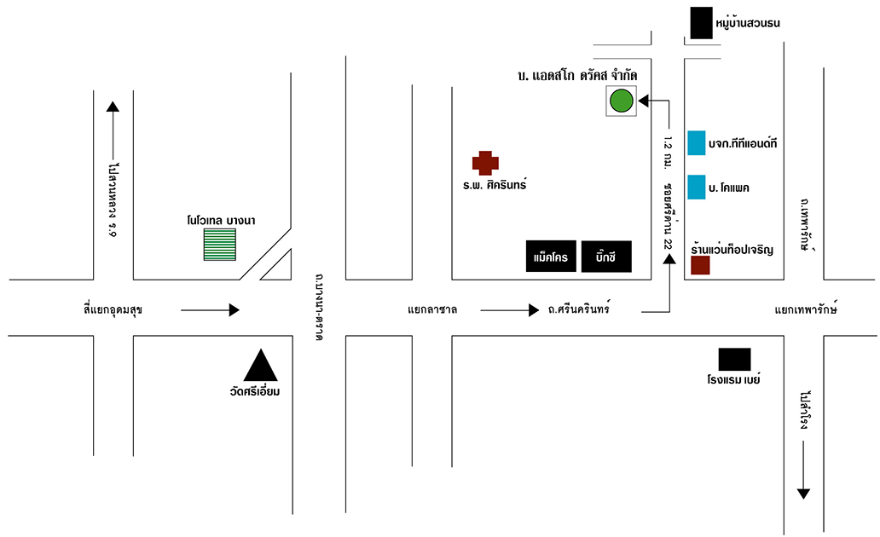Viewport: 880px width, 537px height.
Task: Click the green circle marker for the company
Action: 621,101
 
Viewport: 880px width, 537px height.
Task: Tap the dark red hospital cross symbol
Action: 485,163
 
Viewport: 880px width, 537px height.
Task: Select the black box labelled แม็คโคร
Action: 551,256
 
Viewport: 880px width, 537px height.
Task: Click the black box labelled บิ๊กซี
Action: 606,256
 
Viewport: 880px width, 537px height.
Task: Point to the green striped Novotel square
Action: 220,244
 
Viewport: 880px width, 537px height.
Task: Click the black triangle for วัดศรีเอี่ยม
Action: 261,366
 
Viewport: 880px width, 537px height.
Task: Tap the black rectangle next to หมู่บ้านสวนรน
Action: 701,23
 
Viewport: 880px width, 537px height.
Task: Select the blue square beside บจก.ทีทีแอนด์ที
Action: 697,142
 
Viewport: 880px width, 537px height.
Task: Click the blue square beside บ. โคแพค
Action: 697,187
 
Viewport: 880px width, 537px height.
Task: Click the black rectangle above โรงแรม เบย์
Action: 734,360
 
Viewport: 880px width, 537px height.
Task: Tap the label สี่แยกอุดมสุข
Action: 107,310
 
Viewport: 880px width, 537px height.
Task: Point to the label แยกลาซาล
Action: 432,310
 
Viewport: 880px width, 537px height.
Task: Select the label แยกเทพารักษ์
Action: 806,310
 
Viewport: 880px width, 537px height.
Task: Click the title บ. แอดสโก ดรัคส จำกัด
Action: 577,76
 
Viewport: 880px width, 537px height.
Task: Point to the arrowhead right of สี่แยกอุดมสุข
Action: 234,310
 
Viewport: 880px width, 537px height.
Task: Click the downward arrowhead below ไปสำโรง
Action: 803,493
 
